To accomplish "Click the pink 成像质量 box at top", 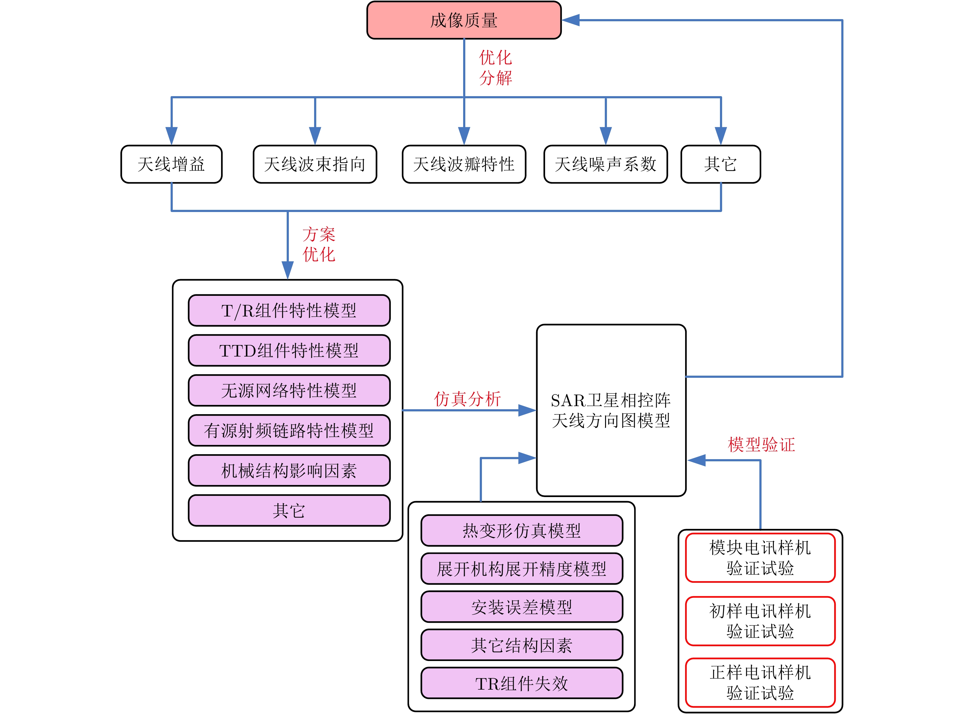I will pos(463,20).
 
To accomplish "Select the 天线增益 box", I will pos(172,164).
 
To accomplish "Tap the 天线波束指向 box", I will pos(315,164).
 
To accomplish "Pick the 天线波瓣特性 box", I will pos(464,164).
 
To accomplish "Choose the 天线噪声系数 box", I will pos(605,164).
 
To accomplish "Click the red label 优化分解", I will pos(495,68).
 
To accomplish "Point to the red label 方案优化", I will pos(319,244).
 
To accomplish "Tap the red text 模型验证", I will pos(761,444).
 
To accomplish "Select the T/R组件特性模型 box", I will pos(289,310).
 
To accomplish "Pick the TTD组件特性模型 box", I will pos(289,350).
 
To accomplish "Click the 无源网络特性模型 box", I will pos(289,390).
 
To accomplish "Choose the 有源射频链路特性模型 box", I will pos(289,430).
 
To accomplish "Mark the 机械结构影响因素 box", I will pos(289,470).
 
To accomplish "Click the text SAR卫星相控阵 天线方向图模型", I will pos(611,410).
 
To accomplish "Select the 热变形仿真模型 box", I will pos(522,530).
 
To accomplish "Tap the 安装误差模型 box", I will pos(522,607).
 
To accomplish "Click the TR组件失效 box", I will pos(522,683).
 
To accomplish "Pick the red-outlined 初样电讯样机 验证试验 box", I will pos(760,621).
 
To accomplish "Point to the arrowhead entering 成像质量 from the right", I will pos(570,20).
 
